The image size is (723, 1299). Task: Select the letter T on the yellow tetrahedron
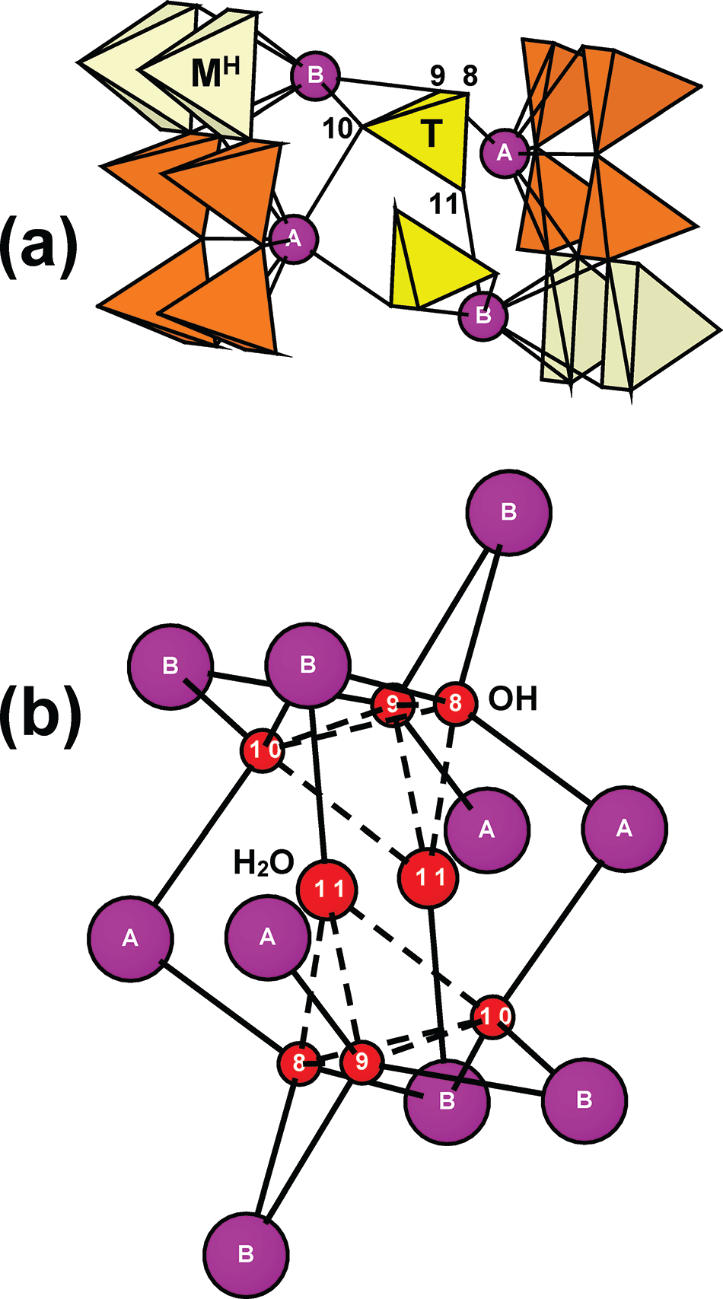tap(432, 134)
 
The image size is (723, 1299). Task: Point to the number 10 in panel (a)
tap(337, 128)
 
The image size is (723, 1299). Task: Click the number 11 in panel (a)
tap(444, 204)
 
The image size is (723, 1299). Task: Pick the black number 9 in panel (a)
tap(437, 75)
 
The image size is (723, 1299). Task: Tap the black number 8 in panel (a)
tap(470, 75)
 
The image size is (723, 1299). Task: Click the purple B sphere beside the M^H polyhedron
tap(315, 75)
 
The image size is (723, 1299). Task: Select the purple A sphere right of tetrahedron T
tap(505, 152)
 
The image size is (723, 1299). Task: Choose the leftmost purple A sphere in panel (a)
tap(295, 239)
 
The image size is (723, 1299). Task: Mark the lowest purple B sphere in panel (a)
tap(483, 316)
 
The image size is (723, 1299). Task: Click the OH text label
tap(512, 699)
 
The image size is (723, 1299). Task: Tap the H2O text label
tap(264, 863)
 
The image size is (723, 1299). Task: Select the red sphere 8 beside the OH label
tap(456, 703)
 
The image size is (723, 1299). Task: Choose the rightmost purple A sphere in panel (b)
tap(624, 829)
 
